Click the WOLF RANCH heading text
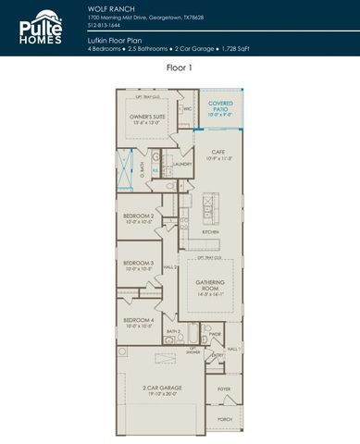(x=107, y=7)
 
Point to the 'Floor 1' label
(x=180, y=68)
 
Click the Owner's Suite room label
(x=147, y=118)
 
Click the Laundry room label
(x=181, y=165)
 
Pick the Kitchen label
(x=211, y=232)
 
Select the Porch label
(x=224, y=419)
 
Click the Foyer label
(x=224, y=389)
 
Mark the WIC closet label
(x=187, y=108)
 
